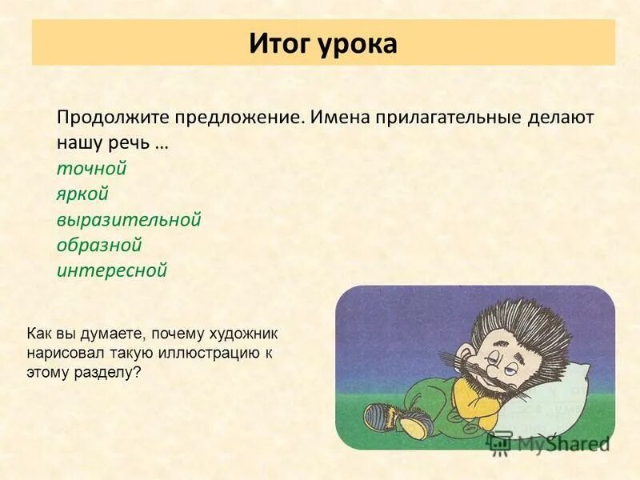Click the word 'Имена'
(335, 117)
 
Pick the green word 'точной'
(92, 169)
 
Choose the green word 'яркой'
(82, 194)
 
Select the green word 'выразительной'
(129, 219)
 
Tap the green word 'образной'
(99, 245)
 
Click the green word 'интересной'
(112, 270)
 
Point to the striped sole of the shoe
(376, 416)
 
